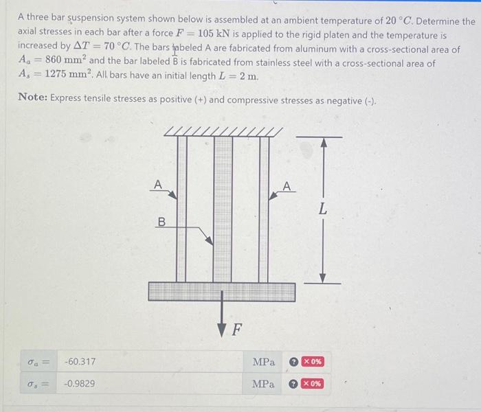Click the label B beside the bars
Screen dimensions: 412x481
pos(161,222)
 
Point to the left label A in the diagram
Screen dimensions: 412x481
pos(157,183)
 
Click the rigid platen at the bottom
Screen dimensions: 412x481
pos(221,292)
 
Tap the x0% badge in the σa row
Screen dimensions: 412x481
pos(311,361)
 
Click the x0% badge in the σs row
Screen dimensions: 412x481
pos(311,384)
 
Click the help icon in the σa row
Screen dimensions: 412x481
pos(293,361)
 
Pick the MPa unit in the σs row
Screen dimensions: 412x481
pos(263,384)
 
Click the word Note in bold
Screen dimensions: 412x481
pos(32,100)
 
